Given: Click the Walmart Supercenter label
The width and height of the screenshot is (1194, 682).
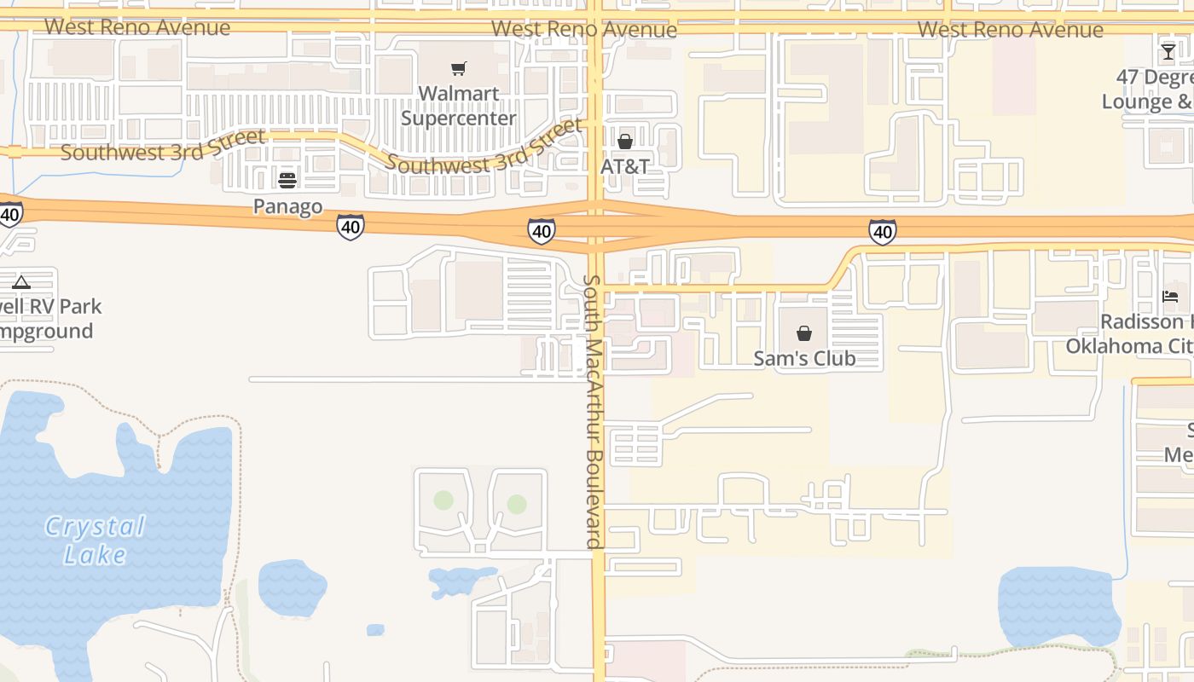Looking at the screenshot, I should tap(459, 105).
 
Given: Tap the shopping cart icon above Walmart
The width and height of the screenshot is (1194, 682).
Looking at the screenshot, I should tap(459, 68).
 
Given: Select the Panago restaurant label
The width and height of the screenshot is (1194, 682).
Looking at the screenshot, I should tap(287, 206).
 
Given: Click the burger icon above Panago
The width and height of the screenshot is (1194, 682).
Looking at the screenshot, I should tap(287, 180).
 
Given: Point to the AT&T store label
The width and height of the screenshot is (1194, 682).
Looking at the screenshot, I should tap(625, 165).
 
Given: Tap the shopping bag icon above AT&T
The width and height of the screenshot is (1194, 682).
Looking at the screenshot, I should tap(625, 141).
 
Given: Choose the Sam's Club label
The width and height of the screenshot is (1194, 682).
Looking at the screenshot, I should tap(804, 358).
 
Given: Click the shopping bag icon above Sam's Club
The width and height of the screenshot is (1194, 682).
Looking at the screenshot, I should tap(804, 332).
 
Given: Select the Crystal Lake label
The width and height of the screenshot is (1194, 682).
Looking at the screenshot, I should tap(95, 540).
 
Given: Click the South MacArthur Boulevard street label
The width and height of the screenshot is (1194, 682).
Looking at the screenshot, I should tap(594, 411).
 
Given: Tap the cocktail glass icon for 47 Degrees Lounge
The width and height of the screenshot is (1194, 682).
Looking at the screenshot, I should tap(1168, 52).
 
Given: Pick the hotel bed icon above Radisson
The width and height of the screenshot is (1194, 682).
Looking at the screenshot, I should tap(1170, 297).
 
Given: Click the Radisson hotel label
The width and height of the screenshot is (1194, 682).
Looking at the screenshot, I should tap(1130, 334).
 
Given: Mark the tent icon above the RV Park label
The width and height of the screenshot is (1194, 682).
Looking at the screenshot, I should tap(21, 282).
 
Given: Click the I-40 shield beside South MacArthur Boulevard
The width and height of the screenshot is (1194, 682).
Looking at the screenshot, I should tap(542, 230).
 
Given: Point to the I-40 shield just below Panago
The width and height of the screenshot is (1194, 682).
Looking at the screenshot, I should tap(351, 227).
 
